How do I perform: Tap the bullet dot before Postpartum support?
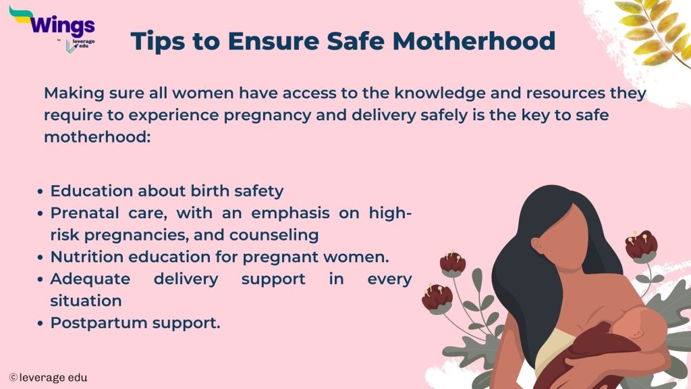pyautogui.click(x=43, y=323)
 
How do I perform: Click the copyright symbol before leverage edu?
pyautogui.click(x=13, y=378)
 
